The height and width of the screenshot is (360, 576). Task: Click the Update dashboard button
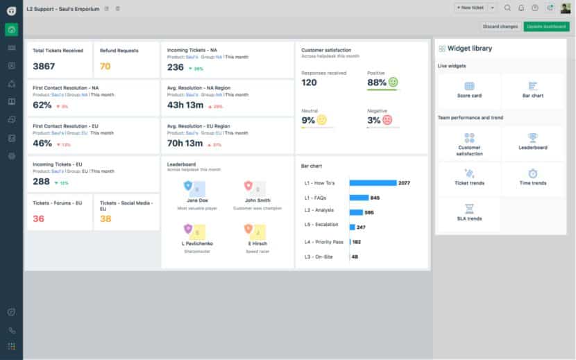pos(546,26)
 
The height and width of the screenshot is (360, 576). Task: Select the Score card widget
pos(469,89)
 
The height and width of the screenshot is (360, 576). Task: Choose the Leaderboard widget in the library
pos(532,142)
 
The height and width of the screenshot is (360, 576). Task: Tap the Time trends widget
pos(532,177)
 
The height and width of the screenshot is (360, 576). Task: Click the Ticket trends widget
pos(469,177)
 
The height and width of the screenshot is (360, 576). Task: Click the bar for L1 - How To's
pos(372,183)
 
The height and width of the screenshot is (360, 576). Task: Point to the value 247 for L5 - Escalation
pos(361,227)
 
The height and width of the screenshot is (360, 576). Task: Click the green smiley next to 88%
pos(393,83)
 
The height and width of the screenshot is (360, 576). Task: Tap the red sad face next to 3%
pos(387,120)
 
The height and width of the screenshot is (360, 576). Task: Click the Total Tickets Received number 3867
pos(44,67)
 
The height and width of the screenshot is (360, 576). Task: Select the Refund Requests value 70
pos(105,67)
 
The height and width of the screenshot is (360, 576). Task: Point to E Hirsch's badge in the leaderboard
pos(249,230)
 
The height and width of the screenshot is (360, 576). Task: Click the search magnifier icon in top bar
pos(507,8)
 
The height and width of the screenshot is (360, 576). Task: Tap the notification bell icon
pos(521,8)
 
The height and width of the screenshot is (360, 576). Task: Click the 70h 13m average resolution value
pos(185,144)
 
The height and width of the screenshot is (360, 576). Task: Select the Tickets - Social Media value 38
pos(105,218)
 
